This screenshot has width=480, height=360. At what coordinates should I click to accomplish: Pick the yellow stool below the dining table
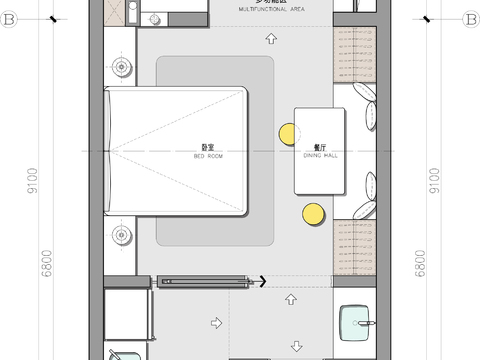tap(312, 213)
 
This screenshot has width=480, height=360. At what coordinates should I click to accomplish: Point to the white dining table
tap(320, 150)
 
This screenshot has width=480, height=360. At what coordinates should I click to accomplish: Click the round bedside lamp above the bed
tap(122, 68)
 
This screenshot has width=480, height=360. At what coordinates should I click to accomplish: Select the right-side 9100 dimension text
tap(432, 183)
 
